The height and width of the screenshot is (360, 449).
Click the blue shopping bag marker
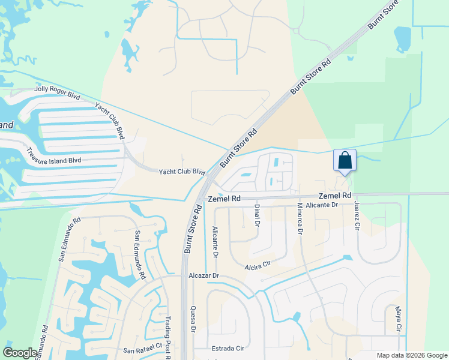coord(345,161)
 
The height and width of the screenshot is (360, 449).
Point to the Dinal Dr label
coord(256,215)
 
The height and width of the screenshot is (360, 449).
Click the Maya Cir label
coord(397,319)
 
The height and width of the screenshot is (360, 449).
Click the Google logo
coord(20,353)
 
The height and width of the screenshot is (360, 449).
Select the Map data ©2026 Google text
coord(412,355)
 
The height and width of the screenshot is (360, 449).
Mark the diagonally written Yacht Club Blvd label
coord(109,121)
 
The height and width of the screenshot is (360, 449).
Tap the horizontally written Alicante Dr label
coord(322,205)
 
